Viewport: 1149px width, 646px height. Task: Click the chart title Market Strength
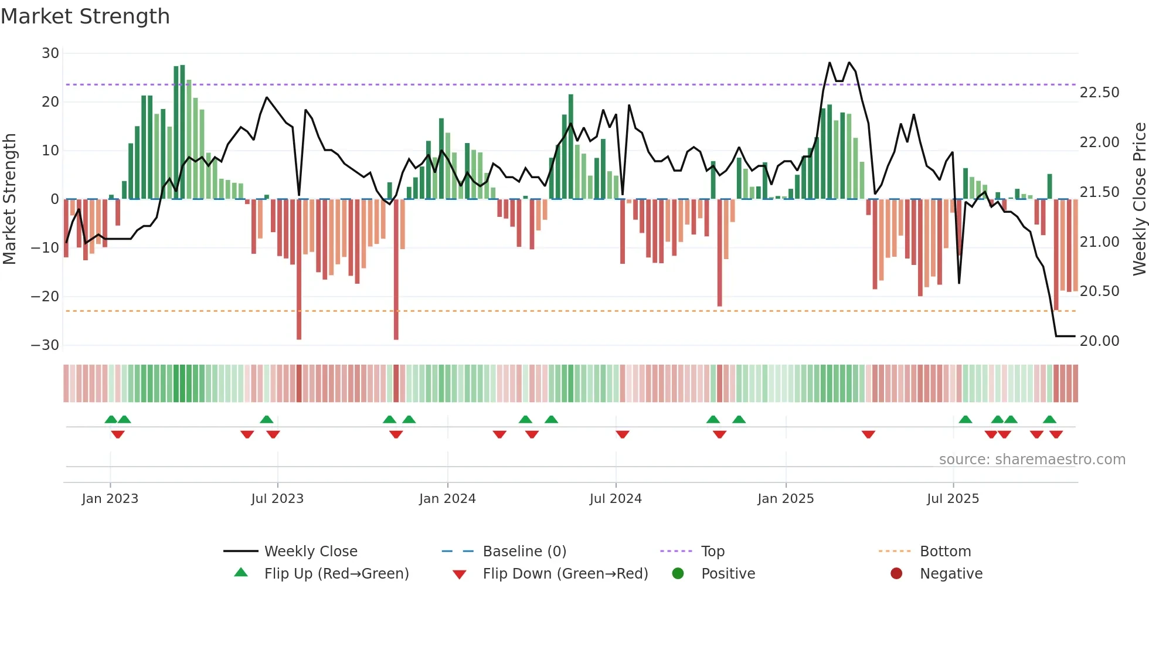pyautogui.click(x=85, y=16)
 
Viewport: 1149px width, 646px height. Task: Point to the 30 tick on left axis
pyautogui.click(x=50, y=53)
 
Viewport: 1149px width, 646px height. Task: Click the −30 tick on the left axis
pyautogui.click(x=45, y=345)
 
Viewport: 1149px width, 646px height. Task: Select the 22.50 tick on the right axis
pyautogui.click(x=1099, y=93)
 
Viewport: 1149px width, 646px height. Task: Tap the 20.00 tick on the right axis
pyautogui.click(x=1099, y=341)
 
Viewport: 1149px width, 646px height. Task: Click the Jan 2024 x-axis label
pyautogui.click(x=447, y=499)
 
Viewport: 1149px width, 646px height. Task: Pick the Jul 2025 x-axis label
pyautogui.click(x=953, y=499)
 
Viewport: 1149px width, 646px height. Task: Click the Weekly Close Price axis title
pyautogui.click(x=1139, y=199)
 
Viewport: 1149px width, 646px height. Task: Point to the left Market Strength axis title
pyautogui.click(x=9, y=199)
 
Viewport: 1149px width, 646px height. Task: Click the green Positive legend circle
pyautogui.click(x=678, y=574)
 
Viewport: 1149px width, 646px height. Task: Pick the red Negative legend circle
pyautogui.click(x=896, y=574)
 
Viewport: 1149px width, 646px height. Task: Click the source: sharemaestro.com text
pyautogui.click(x=1032, y=460)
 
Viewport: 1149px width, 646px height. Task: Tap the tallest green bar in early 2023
pyautogui.click(x=182, y=132)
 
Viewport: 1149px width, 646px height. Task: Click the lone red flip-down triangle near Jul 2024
pyautogui.click(x=623, y=434)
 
